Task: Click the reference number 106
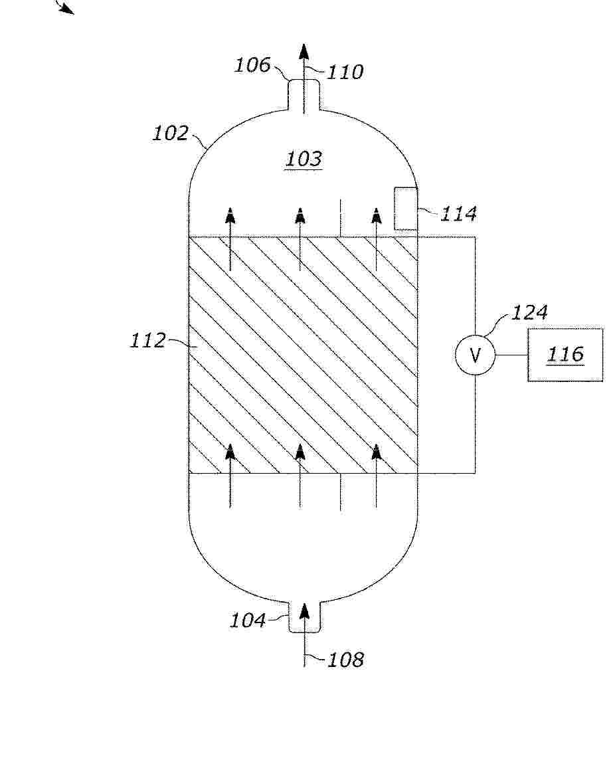click(252, 65)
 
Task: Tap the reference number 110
click(345, 72)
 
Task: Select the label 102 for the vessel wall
click(171, 134)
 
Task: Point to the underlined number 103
click(304, 159)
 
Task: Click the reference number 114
click(458, 214)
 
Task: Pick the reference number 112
click(148, 340)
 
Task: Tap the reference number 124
click(529, 313)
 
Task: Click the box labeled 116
click(565, 355)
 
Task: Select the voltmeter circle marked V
click(476, 355)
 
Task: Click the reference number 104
click(248, 620)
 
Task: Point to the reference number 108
click(345, 660)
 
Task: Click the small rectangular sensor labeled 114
click(405, 209)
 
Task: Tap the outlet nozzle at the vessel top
click(304, 95)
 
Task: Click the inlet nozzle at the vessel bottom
click(304, 617)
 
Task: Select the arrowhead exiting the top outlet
click(304, 52)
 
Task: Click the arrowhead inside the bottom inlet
click(304, 612)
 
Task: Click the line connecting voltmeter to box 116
click(511, 355)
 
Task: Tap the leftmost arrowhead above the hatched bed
click(230, 216)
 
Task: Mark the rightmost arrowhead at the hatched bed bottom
click(377, 452)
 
